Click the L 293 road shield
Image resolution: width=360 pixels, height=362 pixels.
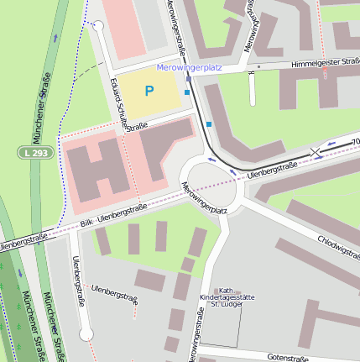pos(30,152)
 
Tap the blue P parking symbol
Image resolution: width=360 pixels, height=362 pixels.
pos(149,91)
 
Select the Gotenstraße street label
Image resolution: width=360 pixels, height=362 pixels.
pos(288,357)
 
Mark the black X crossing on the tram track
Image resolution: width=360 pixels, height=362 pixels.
pos(316,152)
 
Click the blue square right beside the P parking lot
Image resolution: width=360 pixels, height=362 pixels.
pos(186,92)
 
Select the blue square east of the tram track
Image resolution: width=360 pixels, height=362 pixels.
pos(209,124)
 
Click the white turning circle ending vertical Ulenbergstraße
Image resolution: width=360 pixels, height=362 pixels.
pos(86,335)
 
